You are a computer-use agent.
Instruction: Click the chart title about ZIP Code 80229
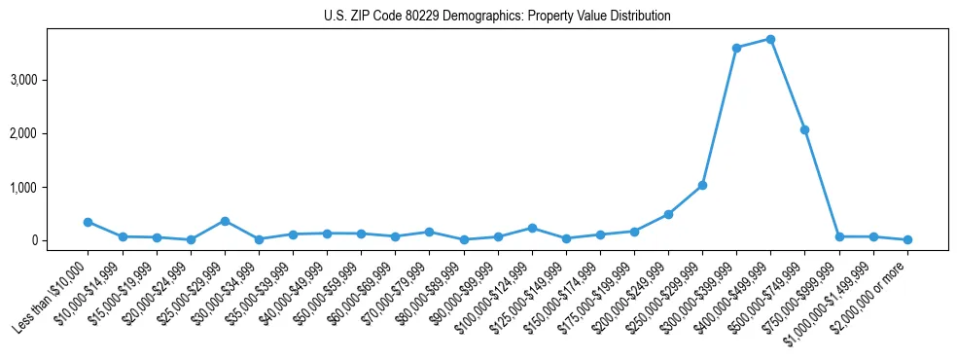(497, 17)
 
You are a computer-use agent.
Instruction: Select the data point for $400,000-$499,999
(770, 39)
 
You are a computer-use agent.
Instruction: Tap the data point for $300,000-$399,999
(736, 48)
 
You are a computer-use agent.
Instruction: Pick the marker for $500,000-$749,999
(804, 129)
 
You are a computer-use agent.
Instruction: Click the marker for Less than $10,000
(88, 222)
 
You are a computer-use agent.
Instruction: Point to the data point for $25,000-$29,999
(225, 221)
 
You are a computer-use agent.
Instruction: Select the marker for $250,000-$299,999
(702, 185)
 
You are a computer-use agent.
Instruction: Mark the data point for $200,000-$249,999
(668, 214)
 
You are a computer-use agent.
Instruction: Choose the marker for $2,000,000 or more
(907, 239)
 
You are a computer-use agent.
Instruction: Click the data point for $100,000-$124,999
(532, 228)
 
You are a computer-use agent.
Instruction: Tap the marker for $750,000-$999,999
(839, 236)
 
